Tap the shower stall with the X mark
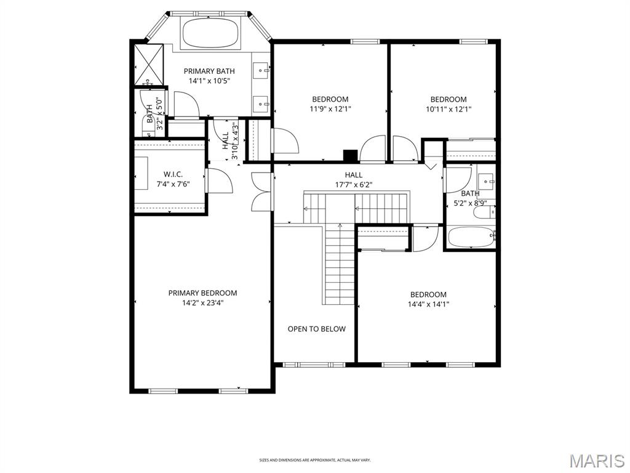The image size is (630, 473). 148,64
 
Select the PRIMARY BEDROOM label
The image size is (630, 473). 202,293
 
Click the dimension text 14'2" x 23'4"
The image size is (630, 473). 202,303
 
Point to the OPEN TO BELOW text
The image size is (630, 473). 316,329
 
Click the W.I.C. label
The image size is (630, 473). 173,174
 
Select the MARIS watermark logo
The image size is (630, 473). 596,461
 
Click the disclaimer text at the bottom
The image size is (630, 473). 314,460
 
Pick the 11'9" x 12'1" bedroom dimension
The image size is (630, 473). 330,109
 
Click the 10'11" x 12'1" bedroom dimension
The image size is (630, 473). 449,109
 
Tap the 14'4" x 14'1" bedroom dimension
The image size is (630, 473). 428,304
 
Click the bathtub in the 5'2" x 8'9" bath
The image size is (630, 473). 471,237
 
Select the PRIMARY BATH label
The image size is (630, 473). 209,71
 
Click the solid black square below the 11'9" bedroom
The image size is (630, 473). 350,156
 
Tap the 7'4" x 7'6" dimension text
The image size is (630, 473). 173,184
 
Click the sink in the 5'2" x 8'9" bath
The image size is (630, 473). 486,181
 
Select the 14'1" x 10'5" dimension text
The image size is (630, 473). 209,81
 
